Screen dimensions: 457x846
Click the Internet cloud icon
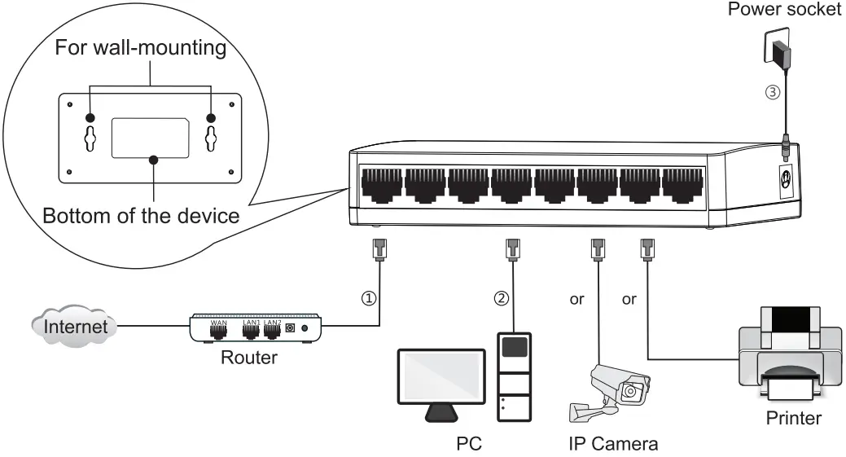[74, 327]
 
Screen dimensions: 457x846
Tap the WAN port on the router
[218, 332]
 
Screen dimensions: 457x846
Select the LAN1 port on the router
[251, 332]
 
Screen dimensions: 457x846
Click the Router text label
[248, 358]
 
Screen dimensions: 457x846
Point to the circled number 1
[369, 298]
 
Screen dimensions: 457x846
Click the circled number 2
[502, 298]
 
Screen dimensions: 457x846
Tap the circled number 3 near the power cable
[773, 92]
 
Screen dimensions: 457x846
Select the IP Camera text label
[612, 445]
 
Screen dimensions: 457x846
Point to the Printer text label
[793, 420]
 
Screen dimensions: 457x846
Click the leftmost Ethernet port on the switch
[380, 186]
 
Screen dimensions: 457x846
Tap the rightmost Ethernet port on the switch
[682, 186]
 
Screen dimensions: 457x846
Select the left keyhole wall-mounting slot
[91, 138]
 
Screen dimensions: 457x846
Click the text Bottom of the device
[140, 218]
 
